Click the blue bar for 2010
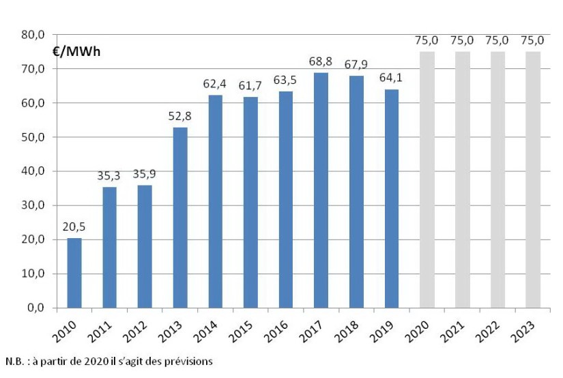(74, 273)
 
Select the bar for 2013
(180, 218)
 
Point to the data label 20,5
(74, 227)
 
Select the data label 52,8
(180, 117)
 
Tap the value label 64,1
(392, 78)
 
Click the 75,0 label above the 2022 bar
(497, 41)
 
